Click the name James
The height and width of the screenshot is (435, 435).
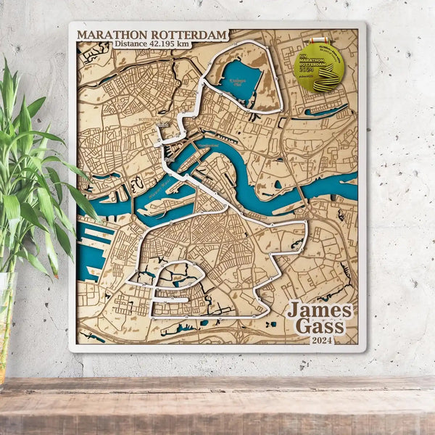[x=319, y=310]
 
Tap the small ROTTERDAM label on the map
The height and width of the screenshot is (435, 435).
[x=149, y=120]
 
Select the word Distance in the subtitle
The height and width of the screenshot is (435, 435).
[x=130, y=44]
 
